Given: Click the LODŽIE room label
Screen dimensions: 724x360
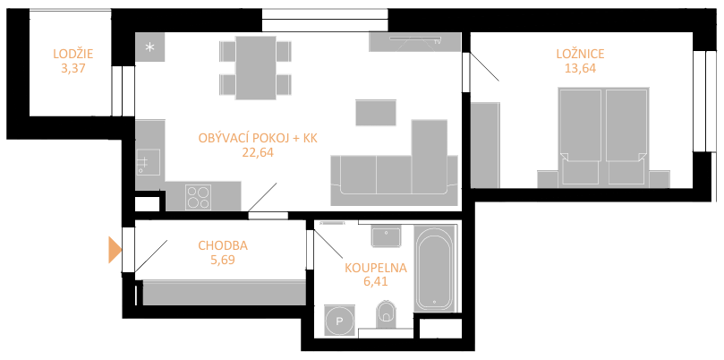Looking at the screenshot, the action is [73, 54].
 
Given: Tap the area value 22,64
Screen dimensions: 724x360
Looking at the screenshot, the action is [258, 152].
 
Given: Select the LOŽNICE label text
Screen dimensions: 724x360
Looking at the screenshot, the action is [581, 54].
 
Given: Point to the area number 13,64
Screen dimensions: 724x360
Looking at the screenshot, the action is [581, 69].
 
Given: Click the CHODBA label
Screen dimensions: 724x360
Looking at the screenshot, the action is [223, 245].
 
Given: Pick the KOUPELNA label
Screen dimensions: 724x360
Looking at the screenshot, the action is [376, 268].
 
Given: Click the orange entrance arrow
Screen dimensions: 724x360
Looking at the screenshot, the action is [115, 250].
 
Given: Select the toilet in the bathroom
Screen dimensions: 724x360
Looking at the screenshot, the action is [386, 312].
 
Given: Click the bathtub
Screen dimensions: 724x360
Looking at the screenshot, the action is [434, 269].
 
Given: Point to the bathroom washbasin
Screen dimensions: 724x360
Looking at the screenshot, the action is [386, 236].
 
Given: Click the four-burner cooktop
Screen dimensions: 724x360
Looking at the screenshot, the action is [198, 197].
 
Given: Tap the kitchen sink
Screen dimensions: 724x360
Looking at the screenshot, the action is [149, 162].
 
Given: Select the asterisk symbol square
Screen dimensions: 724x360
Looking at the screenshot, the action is [150, 47].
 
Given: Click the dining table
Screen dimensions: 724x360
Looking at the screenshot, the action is [255, 67].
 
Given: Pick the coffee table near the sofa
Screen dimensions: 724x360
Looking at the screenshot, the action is [376, 112].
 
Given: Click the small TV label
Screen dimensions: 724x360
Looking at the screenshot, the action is [437, 42].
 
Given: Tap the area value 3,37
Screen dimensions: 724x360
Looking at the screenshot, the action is [73, 69].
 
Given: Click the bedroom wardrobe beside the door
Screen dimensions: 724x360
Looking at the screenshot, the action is [485, 145].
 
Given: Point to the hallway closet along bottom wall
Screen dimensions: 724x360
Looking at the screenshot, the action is [225, 293].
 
